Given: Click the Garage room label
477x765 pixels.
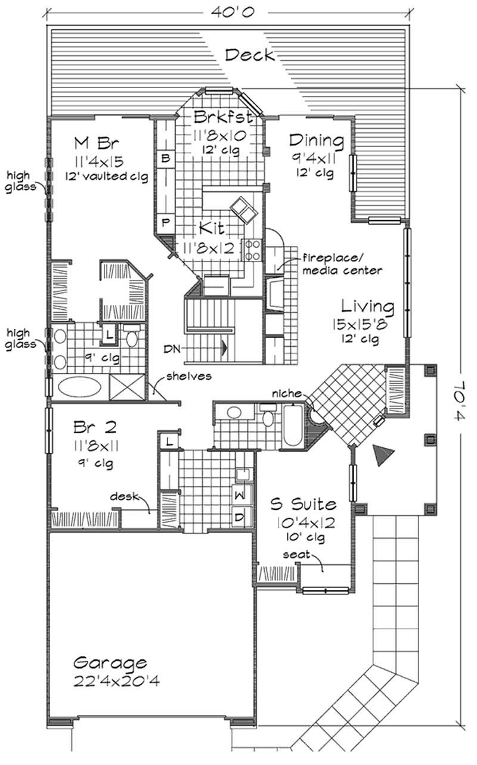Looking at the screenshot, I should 110,663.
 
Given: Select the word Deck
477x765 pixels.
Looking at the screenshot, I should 250,55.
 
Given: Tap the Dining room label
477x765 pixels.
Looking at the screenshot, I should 316,141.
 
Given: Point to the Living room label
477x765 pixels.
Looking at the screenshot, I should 367,307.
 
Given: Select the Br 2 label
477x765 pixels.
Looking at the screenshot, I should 95,428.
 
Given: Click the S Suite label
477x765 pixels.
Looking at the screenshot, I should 303,505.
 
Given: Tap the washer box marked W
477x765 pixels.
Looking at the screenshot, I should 239,494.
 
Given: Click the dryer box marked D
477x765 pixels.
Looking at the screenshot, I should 239,517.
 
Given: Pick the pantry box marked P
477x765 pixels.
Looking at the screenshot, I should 166,222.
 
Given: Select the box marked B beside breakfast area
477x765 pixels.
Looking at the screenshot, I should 166,158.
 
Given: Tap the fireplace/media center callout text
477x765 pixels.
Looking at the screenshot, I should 342,266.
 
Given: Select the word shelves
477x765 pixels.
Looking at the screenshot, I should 190,376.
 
